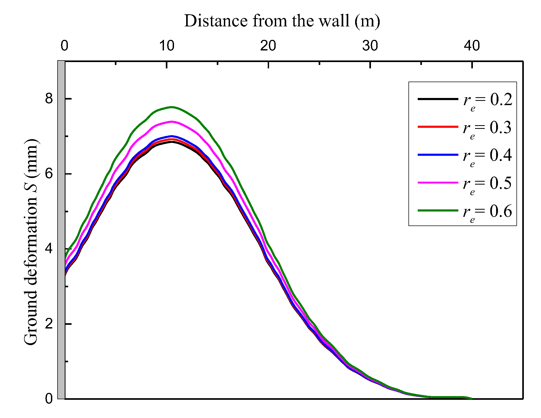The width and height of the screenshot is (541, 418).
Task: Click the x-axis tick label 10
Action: coord(167,46)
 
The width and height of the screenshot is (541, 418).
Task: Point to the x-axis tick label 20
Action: coord(268,46)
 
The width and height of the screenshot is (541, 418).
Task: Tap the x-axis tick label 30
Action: coord(370,46)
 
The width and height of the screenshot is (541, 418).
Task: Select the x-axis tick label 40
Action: coord(472,46)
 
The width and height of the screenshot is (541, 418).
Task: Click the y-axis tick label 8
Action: coord(49,99)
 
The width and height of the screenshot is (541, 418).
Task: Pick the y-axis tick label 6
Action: coord(49,174)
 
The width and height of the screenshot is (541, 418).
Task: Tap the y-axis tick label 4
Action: coord(49,249)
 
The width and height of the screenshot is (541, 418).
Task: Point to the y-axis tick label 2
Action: coord(49,324)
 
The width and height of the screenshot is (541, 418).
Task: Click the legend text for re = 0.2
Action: coord(487,101)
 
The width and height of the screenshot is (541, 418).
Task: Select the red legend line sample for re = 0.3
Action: coord(438,127)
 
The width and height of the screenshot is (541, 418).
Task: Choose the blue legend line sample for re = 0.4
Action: coord(438,155)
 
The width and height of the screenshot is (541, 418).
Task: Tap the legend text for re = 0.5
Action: coord(487,184)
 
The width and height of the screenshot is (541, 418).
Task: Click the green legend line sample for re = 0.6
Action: coord(438,210)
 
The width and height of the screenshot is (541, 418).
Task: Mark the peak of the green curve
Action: coord(172,107)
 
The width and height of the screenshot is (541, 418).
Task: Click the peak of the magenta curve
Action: coord(172,122)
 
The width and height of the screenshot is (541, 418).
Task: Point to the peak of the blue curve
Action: coord(172,136)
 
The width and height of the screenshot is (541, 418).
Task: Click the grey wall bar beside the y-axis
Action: coord(61,230)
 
